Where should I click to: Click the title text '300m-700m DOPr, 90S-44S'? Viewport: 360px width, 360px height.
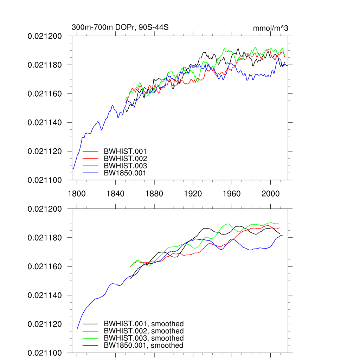[120, 27]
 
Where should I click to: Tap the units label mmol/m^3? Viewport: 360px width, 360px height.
[270, 28]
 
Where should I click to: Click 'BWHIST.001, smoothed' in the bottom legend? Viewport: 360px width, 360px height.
[143, 324]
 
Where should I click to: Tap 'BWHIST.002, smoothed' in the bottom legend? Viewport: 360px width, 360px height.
[143, 331]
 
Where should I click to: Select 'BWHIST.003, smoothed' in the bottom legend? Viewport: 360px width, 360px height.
[143, 338]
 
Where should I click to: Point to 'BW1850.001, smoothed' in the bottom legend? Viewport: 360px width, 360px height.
[143, 346]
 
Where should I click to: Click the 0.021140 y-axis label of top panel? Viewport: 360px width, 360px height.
[45, 123]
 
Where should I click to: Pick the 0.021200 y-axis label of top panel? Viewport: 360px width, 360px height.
[45, 36]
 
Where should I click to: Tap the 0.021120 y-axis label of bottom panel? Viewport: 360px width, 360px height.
[45, 324]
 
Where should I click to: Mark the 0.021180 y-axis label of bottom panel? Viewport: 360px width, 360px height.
[45, 238]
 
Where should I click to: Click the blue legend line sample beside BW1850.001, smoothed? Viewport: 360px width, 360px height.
[90, 346]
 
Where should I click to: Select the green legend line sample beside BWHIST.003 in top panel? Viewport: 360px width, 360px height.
[90, 166]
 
